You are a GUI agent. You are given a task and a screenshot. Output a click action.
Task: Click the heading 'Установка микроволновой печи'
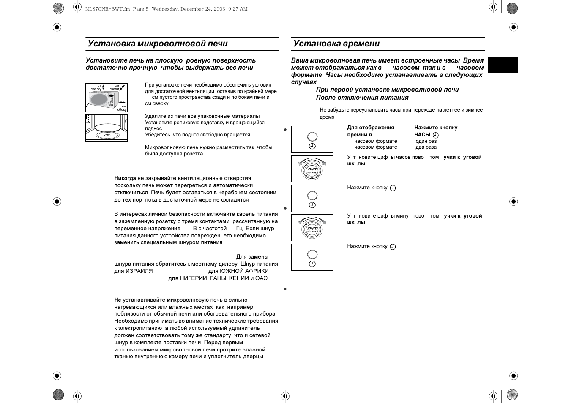click(157, 44)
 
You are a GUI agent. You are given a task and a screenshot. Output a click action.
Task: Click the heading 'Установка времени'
click(336, 44)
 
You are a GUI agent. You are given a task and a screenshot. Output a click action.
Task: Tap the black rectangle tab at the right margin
click(503, 65)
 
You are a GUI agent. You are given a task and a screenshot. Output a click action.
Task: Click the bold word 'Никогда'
click(125, 178)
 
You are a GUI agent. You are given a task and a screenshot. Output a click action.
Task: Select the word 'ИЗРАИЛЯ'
click(139, 271)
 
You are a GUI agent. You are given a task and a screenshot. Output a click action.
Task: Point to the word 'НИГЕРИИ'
click(193, 278)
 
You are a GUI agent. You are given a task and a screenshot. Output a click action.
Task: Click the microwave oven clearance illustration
click(106, 98)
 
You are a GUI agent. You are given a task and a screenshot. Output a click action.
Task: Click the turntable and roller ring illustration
click(106, 128)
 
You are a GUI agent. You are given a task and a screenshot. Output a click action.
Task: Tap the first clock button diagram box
click(312, 139)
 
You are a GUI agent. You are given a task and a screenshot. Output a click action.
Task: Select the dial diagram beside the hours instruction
click(312, 169)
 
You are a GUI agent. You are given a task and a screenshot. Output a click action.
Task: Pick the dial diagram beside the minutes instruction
click(312, 228)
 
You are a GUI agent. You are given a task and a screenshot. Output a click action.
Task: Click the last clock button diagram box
click(312, 257)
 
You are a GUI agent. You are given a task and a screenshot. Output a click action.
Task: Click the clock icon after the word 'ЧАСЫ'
click(436, 135)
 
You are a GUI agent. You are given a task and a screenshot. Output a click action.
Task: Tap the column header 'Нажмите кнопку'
click(436, 128)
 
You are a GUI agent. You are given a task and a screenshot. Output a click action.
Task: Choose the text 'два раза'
click(426, 147)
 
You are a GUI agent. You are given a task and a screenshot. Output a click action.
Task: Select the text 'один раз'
click(426, 141)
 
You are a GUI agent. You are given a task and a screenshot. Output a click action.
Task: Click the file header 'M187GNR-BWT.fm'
click(107, 9)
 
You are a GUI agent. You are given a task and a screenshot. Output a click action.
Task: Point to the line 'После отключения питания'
click(362, 98)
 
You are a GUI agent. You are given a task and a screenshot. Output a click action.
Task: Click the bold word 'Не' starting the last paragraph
click(117, 300)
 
